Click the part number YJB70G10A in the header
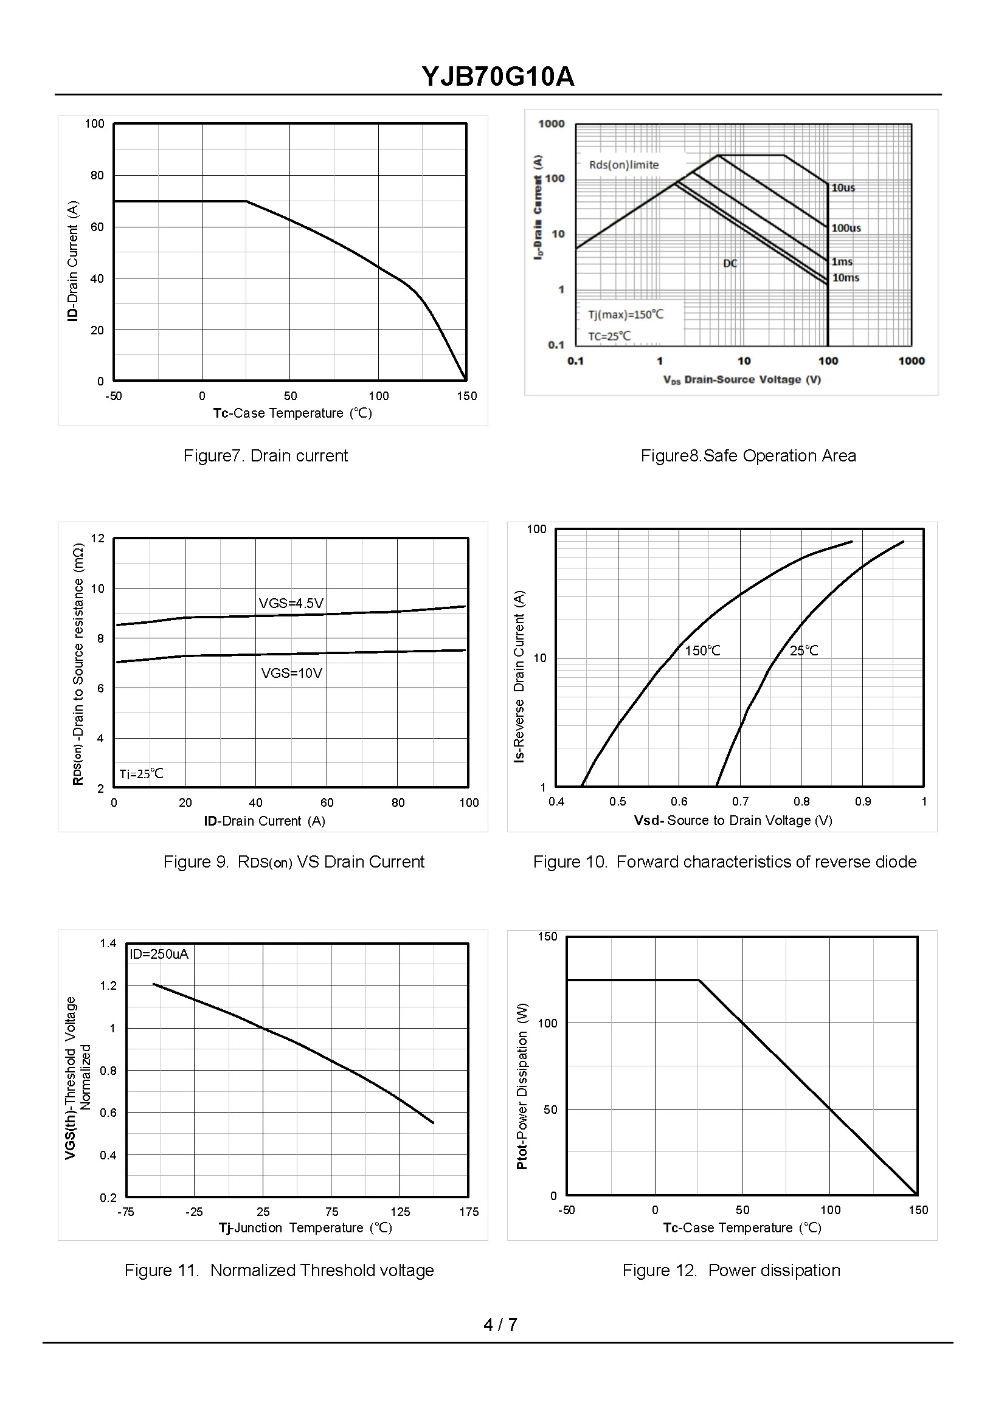(498, 77)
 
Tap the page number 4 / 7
(500, 1324)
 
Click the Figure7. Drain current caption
(265, 455)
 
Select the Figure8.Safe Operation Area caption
(748, 455)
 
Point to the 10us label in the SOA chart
(843, 188)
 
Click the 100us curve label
(846, 228)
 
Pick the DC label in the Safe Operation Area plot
(730, 263)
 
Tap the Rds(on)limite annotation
(624, 165)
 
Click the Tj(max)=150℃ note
(626, 314)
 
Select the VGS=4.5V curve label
(291, 603)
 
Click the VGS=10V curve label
(291, 673)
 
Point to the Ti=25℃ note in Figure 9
(141, 773)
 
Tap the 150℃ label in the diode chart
(702, 651)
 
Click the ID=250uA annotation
(159, 954)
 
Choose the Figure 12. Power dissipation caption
(731, 1270)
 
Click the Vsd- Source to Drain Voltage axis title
(733, 820)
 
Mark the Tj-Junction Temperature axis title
(305, 1227)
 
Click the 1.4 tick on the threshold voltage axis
(108, 944)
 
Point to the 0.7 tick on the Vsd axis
(740, 801)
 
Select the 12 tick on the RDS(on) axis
(98, 538)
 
